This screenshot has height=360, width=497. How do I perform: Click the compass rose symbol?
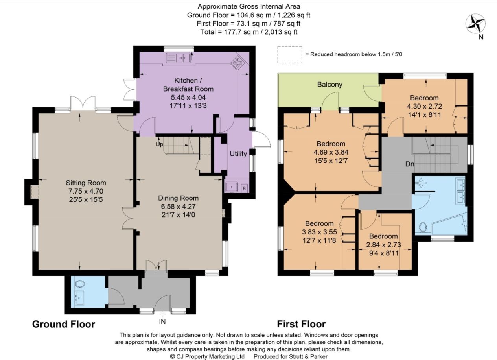[475, 24]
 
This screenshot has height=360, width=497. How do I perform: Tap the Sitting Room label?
[86, 183]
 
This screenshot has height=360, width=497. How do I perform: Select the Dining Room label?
[178, 198]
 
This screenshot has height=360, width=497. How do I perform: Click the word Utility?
[238, 153]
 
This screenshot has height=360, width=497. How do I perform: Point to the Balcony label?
[330, 85]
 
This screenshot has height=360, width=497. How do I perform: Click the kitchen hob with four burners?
[237, 63]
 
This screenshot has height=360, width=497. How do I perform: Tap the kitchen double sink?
[179, 57]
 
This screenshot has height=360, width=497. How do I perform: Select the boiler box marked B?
[244, 188]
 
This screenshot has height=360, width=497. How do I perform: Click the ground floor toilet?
[80, 284]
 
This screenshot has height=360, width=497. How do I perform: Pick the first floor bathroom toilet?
[423, 227]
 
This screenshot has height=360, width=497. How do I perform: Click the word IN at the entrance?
[162, 321]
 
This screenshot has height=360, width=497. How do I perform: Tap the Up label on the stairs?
[159, 144]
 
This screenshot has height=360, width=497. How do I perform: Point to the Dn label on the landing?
[410, 164]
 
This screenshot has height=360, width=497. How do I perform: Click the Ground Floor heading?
[64, 324]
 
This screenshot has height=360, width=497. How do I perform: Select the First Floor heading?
[301, 324]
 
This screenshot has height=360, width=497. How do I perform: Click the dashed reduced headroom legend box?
[289, 55]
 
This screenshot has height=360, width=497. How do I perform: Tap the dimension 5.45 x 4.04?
[188, 98]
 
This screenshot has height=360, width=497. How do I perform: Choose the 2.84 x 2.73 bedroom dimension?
[384, 245]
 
